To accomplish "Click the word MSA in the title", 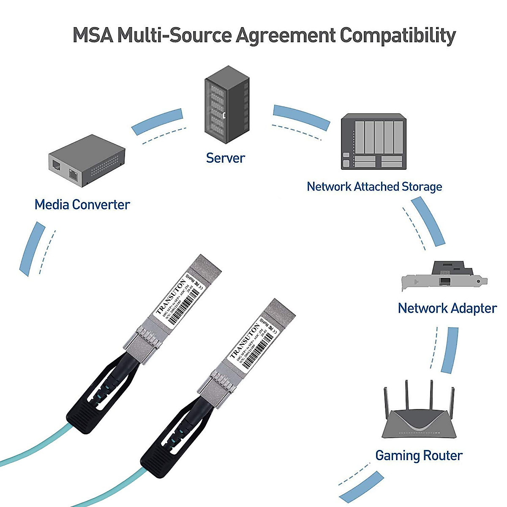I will (x=93, y=35).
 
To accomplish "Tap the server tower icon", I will (x=227, y=104).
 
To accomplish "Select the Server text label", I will (x=225, y=158).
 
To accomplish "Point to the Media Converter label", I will (x=82, y=204).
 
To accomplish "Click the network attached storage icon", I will (x=373, y=142).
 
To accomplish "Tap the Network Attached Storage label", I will (x=374, y=186).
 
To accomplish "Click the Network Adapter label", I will (x=447, y=308).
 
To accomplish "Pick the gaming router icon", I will (x=419, y=414).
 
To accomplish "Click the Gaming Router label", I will (x=419, y=455).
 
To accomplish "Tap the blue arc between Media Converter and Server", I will (x=158, y=121).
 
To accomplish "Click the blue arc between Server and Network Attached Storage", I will (x=301, y=116).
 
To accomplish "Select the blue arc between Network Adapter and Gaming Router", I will (x=450, y=350).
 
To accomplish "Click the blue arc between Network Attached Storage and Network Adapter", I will (x=428, y=221).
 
